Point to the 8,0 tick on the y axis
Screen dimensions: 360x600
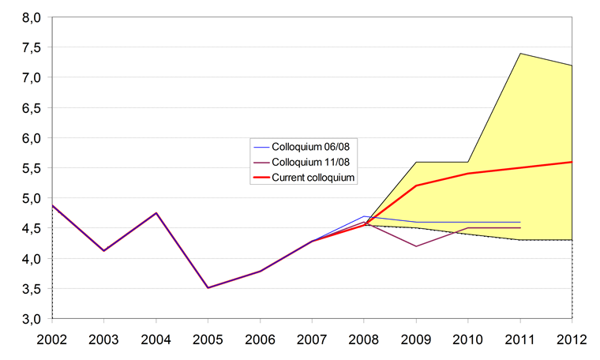click(31, 17)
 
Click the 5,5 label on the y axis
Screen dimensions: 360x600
click(31, 168)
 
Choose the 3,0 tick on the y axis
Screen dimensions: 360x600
click(31, 319)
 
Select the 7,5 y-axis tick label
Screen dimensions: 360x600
click(31, 47)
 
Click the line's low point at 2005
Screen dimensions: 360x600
click(208, 287)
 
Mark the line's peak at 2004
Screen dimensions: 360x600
click(156, 213)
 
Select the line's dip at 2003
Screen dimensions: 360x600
click(104, 250)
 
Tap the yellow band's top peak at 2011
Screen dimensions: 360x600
click(520, 54)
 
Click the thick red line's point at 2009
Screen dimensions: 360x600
click(416, 186)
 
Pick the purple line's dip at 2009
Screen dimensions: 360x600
click(416, 246)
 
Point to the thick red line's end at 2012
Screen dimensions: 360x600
click(572, 162)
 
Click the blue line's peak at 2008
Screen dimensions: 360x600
click(364, 216)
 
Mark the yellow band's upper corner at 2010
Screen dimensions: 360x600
click(468, 162)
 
